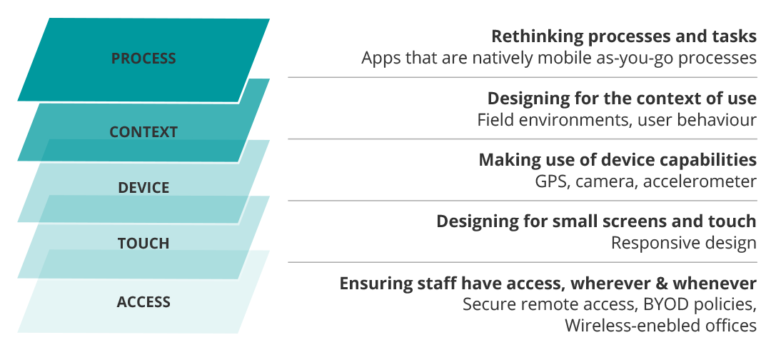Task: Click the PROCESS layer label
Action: [x=143, y=59]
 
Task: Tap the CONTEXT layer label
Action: [x=143, y=132]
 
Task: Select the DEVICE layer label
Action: [x=143, y=187]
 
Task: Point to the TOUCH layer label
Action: [x=143, y=243]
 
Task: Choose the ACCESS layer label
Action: [x=143, y=301]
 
